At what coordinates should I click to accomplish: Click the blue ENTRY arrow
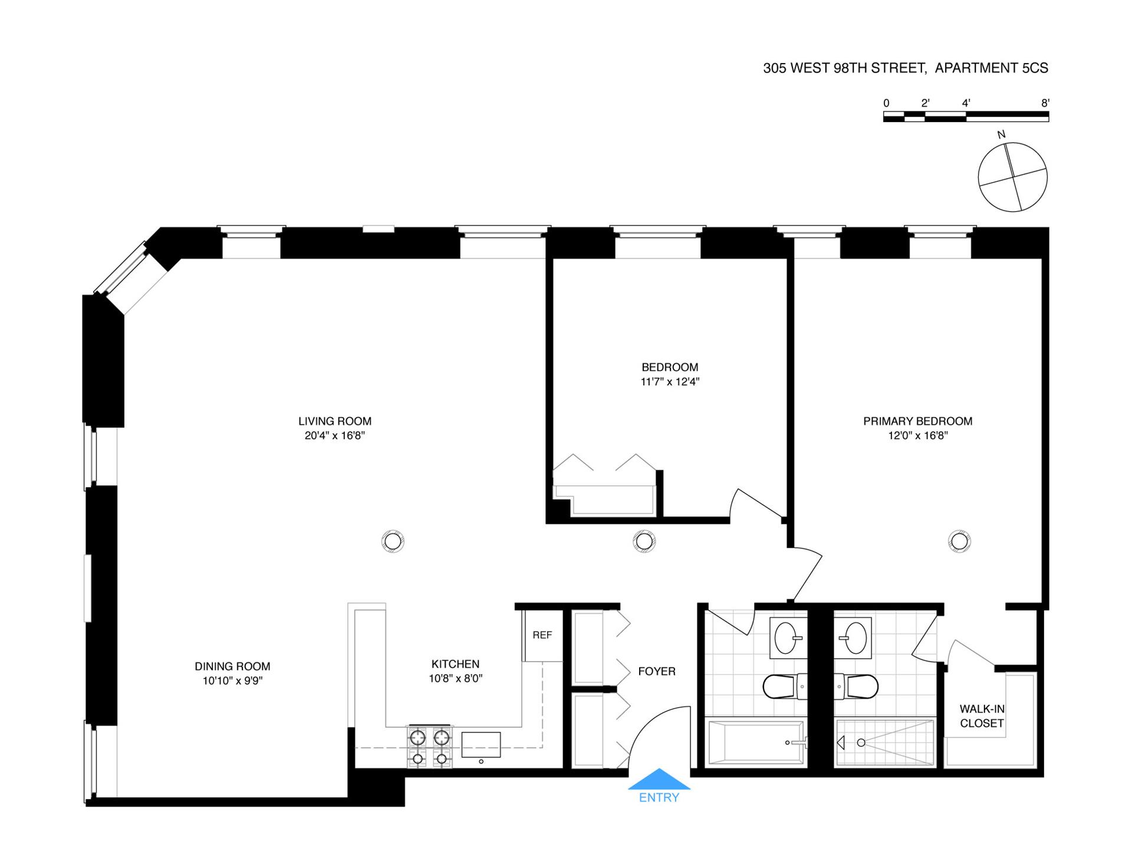[659, 780]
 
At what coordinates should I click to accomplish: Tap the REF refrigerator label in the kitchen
[542, 635]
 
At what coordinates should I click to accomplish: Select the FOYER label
[656, 671]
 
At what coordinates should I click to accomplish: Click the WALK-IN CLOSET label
[982, 716]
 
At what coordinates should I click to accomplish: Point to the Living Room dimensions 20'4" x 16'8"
[335, 436]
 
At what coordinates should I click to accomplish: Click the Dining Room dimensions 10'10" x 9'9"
[232, 681]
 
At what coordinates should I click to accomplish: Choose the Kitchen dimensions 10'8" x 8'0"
[455, 679]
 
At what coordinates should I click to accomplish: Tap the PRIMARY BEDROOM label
[917, 421]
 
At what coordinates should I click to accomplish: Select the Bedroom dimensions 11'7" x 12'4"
[670, 382]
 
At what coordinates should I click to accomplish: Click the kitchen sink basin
[481, 745]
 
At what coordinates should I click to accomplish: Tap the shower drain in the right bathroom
[861, 742]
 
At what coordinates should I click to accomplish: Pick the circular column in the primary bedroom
[959, 541]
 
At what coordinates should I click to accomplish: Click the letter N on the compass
[1001, 135]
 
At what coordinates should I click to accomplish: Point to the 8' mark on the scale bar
[1045, 103]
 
